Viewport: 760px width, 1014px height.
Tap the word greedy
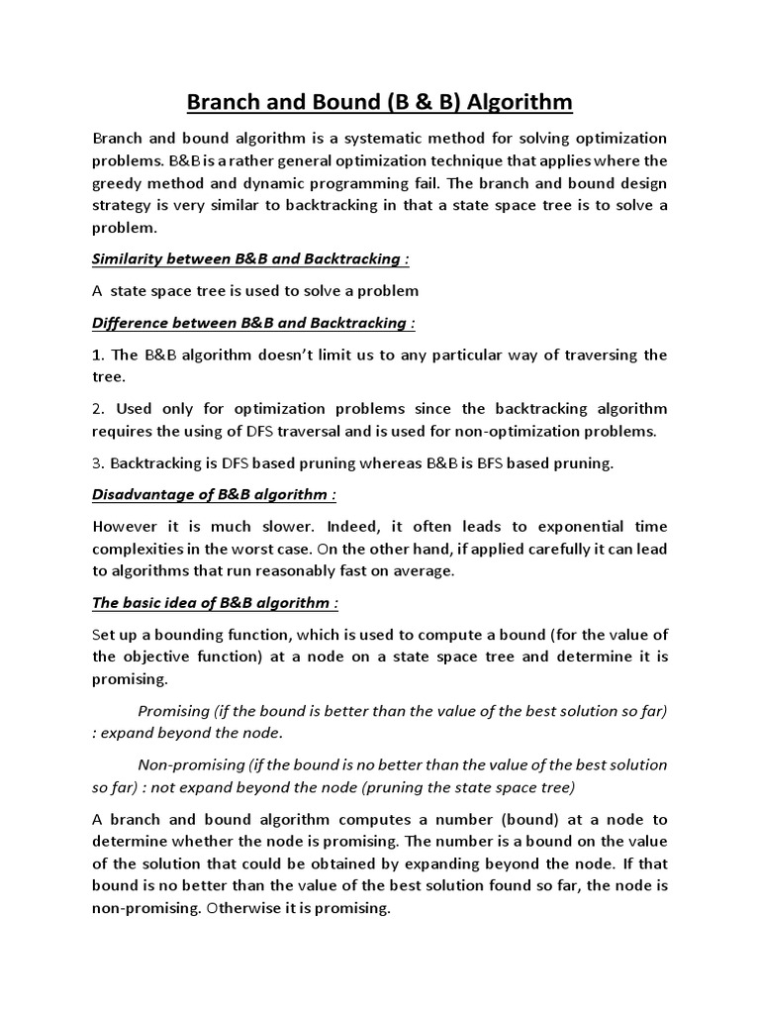pyautogui.click(x=118, y=182)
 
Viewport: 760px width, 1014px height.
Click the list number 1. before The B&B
pyautogui.click(x=98, y=355)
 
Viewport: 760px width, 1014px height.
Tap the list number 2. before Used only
pyautogui.click(x=98, y=408)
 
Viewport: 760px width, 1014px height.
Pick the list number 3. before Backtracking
pyautogui.click(x=98, y=462)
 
